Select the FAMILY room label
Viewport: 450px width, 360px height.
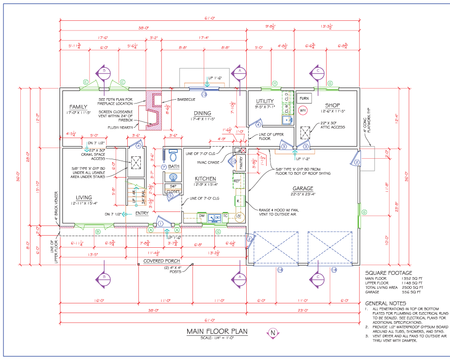(x=78, y=106)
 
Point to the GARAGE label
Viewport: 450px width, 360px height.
(x=303, y=188)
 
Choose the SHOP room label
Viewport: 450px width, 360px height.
(x=332, y=105)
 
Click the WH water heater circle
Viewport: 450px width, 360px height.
(x=303, y=110)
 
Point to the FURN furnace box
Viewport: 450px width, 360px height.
(x=304, y=98)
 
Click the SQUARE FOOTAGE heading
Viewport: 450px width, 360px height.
(x=389, y=273)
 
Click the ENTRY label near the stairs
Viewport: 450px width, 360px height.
(x=142, y=213)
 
